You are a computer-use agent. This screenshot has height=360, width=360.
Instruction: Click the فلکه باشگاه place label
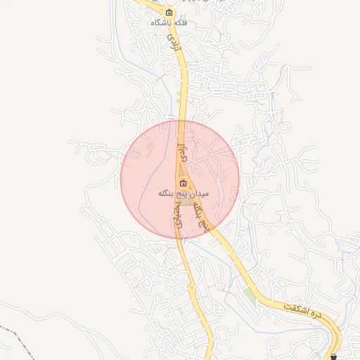(x=169, y=22)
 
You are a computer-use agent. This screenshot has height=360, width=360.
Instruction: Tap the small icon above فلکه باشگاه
(x=169, y=12)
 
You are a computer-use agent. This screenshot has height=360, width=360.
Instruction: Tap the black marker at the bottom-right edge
(x=333, y=356)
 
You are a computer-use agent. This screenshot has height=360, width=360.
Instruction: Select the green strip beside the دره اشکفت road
(x=250, y=295)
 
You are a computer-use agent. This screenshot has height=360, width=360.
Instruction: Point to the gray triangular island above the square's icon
(x=181, y=171)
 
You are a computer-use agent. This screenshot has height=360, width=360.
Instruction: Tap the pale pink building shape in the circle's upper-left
(x=148, y=147)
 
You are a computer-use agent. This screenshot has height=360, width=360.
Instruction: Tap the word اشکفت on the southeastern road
(x=296, y=309)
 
